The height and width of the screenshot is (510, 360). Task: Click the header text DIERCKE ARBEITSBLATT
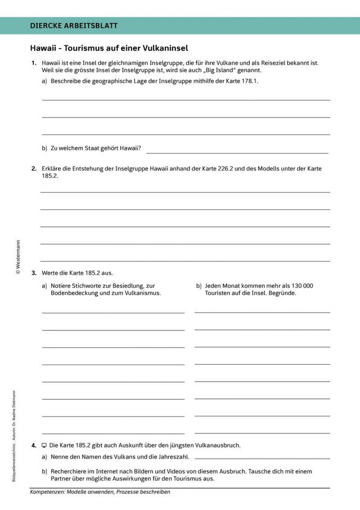point(74,26)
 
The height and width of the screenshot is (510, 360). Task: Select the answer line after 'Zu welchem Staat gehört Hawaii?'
point(237,152)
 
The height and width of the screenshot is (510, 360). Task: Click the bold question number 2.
point(34,169)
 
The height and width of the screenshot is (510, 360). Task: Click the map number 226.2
point(225,169)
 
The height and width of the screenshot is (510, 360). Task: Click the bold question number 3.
point(34,273)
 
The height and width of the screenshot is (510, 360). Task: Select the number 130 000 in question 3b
point(302,286)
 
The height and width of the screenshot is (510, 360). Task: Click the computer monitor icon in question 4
point(44,446)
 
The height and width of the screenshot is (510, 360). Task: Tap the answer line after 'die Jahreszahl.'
point(262,458)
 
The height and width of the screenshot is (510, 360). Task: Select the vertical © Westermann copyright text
point(18,257)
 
